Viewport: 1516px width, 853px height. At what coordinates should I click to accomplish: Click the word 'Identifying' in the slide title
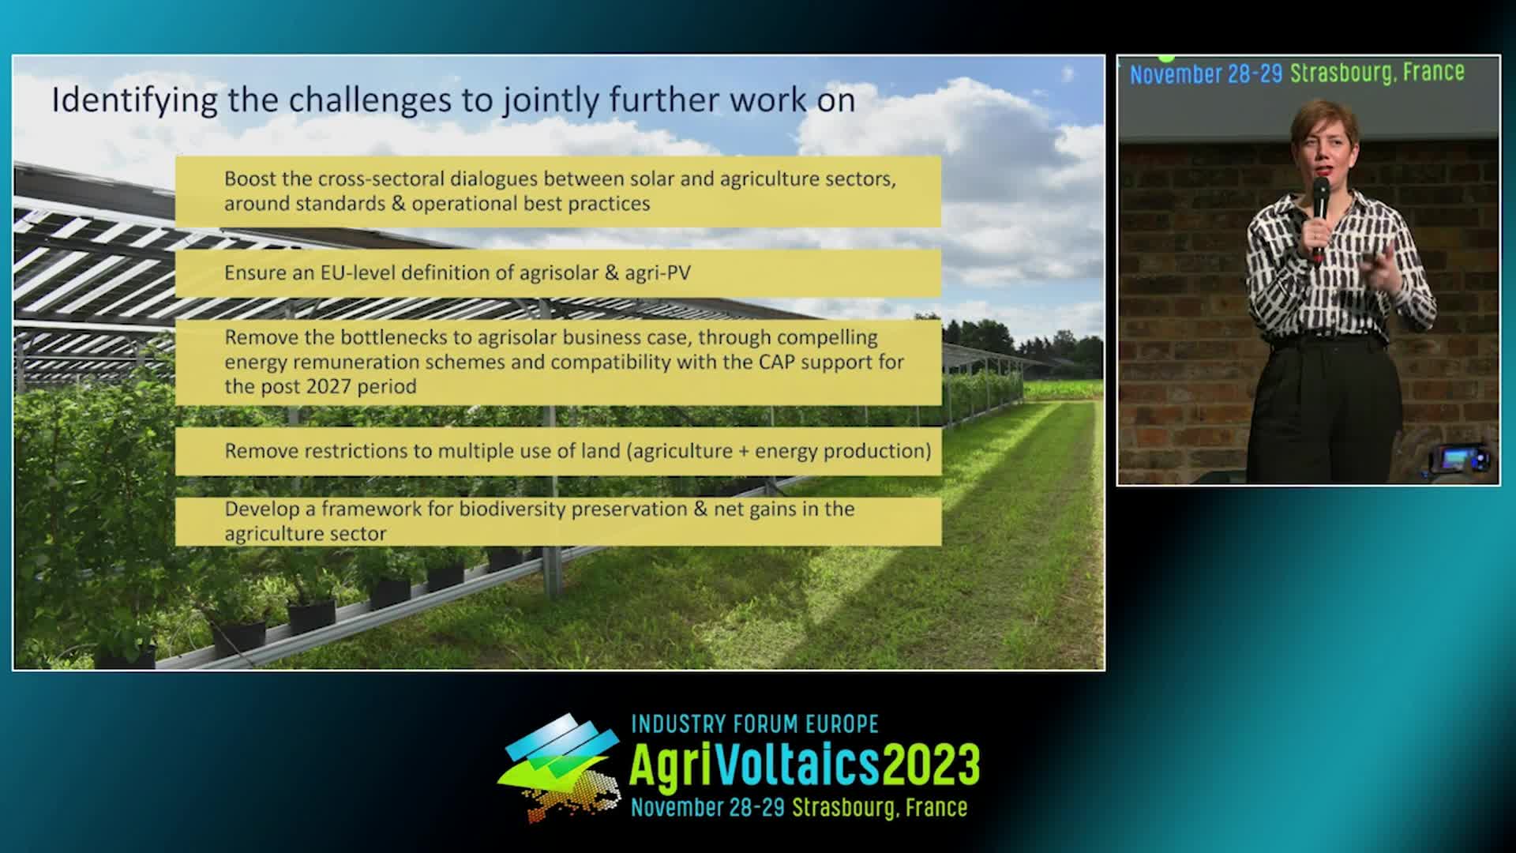(x=134, y=101)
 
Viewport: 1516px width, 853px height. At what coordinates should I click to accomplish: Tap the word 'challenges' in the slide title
(x=388, y=101)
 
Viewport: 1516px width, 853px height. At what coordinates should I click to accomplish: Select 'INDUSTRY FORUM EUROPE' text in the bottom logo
(x=755, y=723)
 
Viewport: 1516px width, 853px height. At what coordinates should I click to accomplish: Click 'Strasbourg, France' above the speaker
(x=1377, y=73)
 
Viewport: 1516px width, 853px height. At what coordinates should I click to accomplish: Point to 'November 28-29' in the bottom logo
(x=707, y=807)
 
